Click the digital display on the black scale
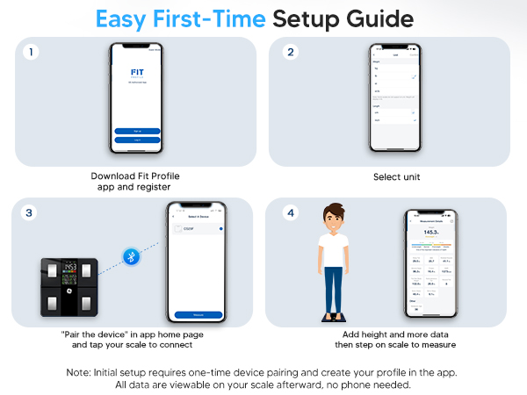click(69, 267)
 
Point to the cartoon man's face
click(334, 219)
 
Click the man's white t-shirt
click(334, 255)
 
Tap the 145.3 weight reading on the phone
click(430, 233)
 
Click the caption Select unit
click(390, 176)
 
